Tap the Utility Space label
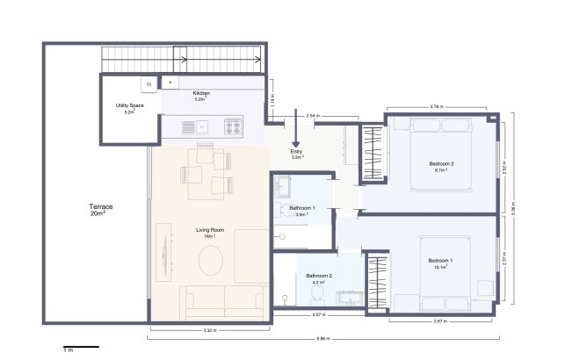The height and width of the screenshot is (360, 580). (129, 105)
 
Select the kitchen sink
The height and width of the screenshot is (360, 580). (202, 126)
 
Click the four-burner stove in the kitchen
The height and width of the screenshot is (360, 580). (233, 127)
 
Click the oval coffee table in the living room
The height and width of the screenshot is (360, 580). (212, 261)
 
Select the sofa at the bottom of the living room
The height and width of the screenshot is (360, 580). (223, 300)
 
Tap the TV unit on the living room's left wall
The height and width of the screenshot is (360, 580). (163, 250)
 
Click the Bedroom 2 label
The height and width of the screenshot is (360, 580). (441, 164)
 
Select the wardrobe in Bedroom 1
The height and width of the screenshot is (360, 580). (378, 281)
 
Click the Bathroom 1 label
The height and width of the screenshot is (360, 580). (302, 208)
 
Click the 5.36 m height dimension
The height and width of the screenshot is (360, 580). (515, 208)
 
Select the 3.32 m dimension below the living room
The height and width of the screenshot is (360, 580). (209, 331)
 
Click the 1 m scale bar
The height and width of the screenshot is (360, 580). (81, 348)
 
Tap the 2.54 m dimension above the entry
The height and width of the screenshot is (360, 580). (313, 115)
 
